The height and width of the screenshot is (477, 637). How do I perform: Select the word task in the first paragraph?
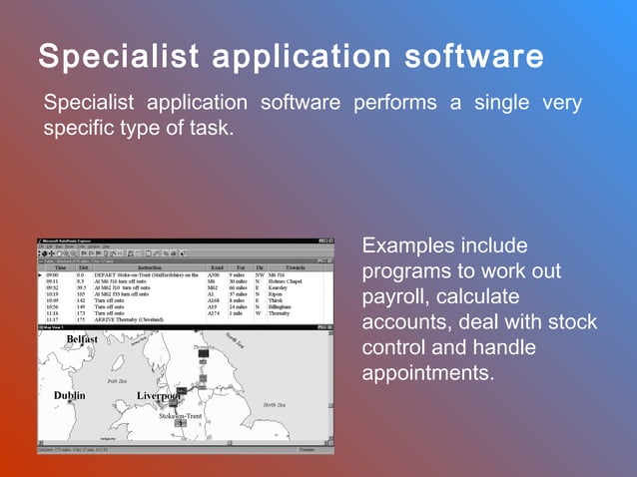tap(209, 128)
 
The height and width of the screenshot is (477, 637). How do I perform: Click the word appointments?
tap(426, 374)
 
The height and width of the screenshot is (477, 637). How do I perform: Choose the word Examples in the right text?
tap(404, 245)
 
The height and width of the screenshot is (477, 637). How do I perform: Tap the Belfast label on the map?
tap(82, 339)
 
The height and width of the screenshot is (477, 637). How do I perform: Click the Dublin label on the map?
tap(69, 396)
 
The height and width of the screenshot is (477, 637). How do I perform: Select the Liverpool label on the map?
tap(158, 396)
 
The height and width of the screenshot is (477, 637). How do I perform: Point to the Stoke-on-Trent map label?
tap(180, 416)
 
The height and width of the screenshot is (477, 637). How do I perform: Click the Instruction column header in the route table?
tap(150, 267)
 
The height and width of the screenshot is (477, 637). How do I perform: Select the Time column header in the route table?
tap(60, 267)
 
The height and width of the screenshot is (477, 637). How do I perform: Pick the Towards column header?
tap(296, 267)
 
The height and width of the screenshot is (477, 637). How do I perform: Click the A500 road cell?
tap(214, 274)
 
